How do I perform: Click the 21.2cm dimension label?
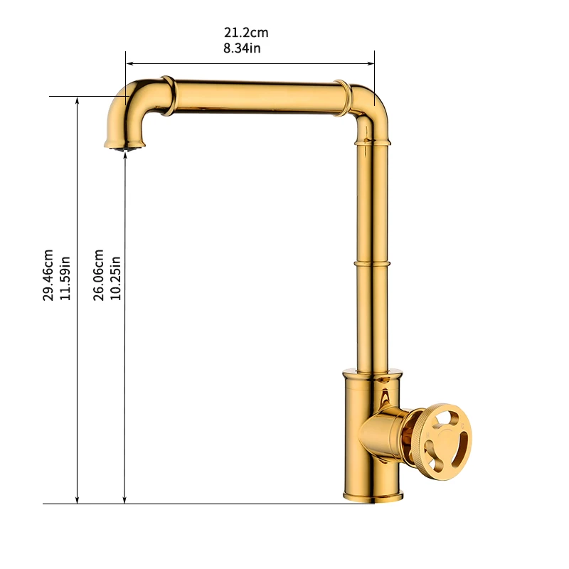pos(246,33)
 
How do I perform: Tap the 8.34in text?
pos(242,48)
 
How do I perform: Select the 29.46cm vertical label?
pos(48,275)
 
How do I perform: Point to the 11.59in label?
pos(65,278)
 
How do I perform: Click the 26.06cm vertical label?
pos(98,275)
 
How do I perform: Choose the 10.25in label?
pos(115,278)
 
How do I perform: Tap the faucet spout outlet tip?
pos(125,147)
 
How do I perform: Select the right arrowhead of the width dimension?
pos(371,63)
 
